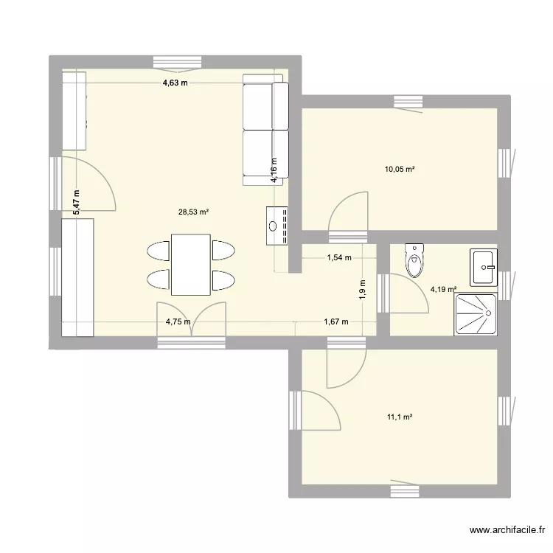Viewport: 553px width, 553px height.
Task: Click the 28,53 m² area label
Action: click(x=193, y=212)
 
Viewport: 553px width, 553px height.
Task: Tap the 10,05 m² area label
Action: click(x=399, y=170)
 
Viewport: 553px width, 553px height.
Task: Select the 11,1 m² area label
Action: click(x=399, y=417)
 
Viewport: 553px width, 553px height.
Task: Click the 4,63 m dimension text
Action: click(x=175, y=83)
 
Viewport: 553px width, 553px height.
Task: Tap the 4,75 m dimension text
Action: click(x=178, y=321)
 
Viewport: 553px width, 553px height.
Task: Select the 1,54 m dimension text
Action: click(x=338, y=258)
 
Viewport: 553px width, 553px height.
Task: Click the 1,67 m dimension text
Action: click(x=336, y=321)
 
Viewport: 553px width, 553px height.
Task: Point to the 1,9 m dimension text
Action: click(x=362, y=289)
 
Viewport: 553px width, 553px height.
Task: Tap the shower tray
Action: click(x=476, y=313)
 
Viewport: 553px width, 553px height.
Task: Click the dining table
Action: click(x=191, y=265)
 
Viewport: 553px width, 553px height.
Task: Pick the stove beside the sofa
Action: click(x=277, y=225)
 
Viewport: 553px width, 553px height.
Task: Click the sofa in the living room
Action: click(x=265, y=133)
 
